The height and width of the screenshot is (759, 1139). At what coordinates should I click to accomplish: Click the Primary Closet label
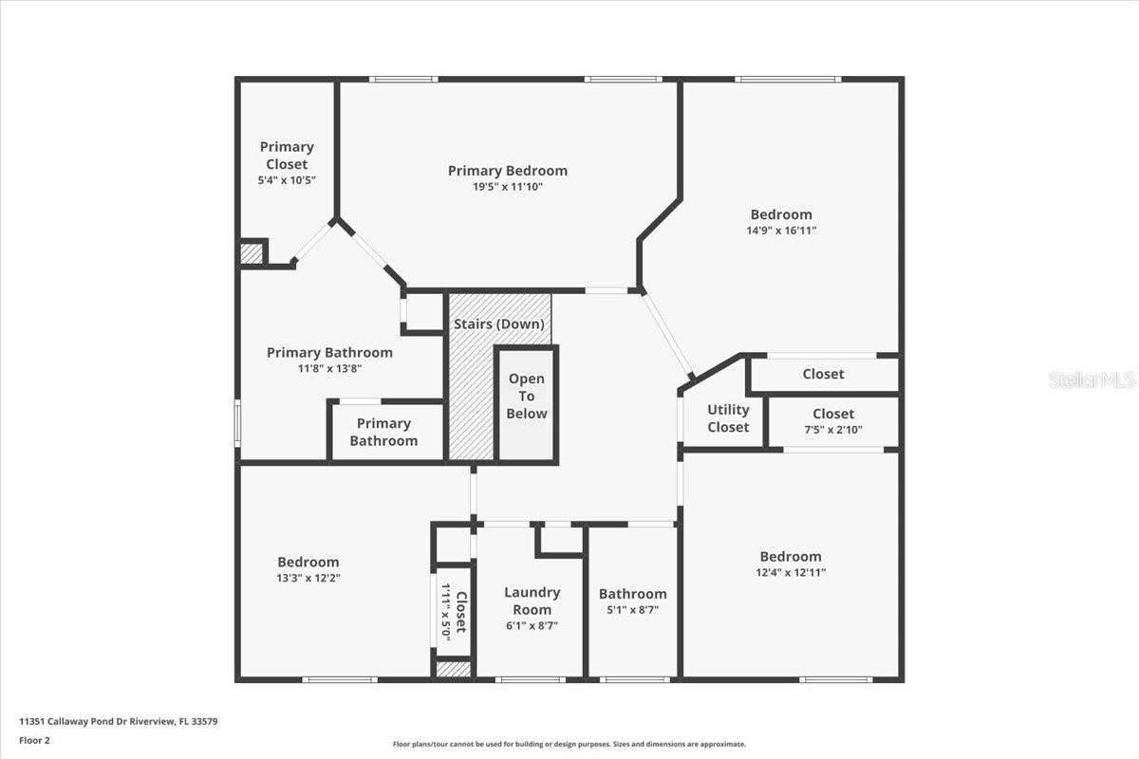286,156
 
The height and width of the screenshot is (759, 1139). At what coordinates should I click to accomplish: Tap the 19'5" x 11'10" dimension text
508,187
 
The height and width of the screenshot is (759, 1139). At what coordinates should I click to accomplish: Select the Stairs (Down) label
499,324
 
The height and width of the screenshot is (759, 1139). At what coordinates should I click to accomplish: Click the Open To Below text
527,396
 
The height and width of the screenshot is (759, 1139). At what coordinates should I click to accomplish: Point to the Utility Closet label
728,418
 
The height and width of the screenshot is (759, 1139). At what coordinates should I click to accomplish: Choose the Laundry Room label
532,601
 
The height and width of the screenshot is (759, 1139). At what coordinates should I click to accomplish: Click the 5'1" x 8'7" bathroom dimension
632,610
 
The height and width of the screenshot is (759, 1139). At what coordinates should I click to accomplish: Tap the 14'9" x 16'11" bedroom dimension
781,230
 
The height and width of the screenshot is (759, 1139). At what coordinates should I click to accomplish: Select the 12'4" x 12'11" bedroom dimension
790,572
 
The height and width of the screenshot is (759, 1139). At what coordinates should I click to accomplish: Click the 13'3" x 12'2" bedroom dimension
308,578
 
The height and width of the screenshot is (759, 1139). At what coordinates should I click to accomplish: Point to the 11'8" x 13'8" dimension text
328,368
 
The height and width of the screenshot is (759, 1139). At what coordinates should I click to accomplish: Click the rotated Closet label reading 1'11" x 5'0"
454,613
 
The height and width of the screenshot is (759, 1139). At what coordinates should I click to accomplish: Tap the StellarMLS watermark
1092,380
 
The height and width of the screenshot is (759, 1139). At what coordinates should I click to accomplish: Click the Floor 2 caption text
34,740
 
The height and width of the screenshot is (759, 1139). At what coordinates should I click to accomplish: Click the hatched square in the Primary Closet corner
251,253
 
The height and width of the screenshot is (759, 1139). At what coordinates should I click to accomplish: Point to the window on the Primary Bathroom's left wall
237,422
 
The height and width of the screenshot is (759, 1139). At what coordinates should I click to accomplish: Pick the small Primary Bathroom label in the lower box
383,432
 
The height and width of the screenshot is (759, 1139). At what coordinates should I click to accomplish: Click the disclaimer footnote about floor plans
569,745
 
